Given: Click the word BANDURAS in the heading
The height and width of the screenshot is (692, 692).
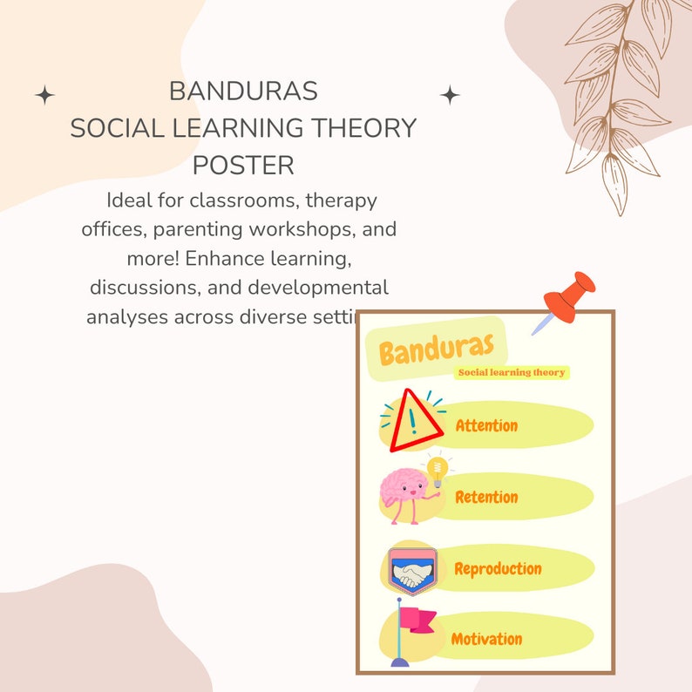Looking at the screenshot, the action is [243, 91].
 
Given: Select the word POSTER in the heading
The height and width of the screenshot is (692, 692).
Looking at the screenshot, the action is [243, 165].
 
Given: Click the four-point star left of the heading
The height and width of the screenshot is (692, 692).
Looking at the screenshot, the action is [44, 95].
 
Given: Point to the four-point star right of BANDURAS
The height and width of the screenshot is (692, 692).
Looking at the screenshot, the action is [450, 95].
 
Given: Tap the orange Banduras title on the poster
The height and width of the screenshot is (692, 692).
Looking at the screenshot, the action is [443, 349].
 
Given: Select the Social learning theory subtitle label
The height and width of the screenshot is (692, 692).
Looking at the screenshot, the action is [512, 372].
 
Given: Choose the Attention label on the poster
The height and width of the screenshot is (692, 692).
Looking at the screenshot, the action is [486, 425].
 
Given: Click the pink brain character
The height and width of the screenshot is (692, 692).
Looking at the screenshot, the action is [404, 493].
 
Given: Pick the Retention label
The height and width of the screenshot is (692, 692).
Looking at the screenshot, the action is [486, 497].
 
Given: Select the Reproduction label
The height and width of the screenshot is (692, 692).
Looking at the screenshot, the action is [498, 568].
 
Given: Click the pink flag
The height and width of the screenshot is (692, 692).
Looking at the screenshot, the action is [417, 621].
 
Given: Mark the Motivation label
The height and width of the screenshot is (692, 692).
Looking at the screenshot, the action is [486, 639].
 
